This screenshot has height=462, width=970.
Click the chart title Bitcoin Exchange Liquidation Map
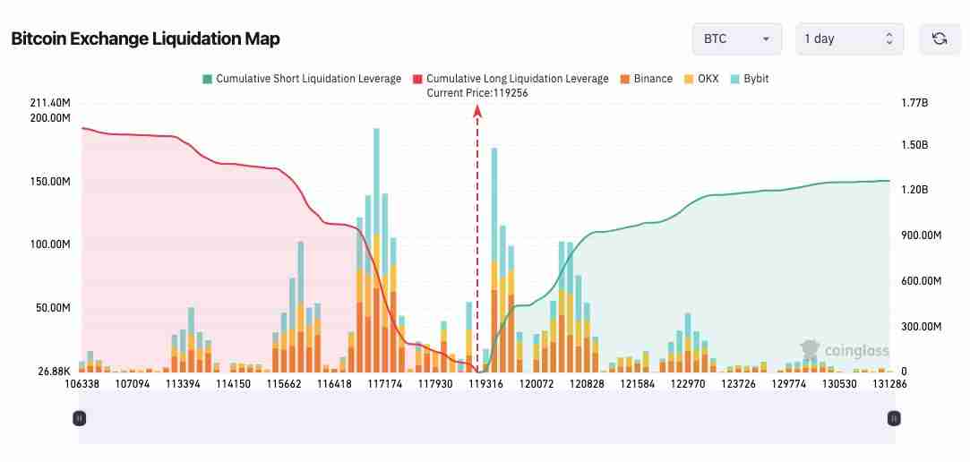coord(145,38)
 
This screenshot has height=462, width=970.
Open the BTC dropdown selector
coord(736,38)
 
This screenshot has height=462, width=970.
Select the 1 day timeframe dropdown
coord(849,38)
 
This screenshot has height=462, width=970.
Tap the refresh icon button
coord(940,38)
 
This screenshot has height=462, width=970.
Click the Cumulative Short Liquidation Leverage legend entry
coord(302,79)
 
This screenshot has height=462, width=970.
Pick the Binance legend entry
coord(646,79)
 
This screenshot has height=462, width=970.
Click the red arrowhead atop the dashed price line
coord(477,110)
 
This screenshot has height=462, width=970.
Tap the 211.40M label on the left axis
coord(49,103)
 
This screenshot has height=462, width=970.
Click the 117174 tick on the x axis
coord(386,383)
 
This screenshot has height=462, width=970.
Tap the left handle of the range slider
coord(80,418)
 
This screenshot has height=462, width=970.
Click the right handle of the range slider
coord(893,418)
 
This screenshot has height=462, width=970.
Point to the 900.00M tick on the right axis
coord(921,235)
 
